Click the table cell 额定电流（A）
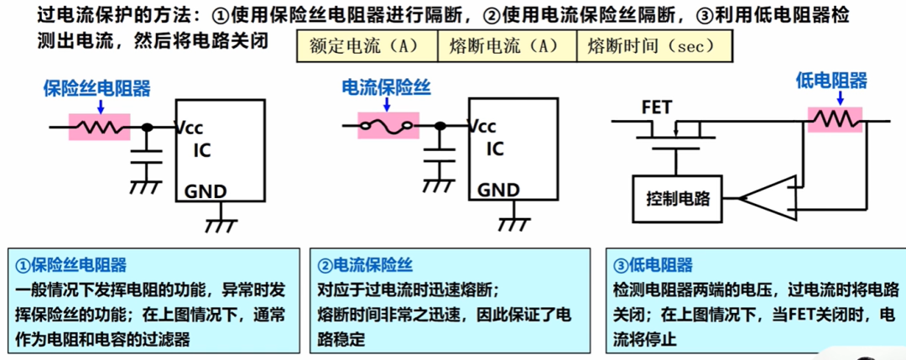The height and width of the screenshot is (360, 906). [x=367, y=46]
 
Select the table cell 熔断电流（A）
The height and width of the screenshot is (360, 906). [x=507, y=46]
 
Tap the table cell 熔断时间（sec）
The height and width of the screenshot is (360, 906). [x=654, y=46]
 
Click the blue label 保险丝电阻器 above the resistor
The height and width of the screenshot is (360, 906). [x=97, y=88]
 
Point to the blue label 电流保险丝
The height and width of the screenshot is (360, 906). [x=387, y=87]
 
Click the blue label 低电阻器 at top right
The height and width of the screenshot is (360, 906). [x=831, y=81]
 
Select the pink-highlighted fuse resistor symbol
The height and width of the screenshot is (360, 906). [x=99, y=127]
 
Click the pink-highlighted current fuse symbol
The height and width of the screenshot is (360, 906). [x=388, y=126]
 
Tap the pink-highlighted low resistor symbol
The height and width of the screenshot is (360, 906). [x=835, y=120]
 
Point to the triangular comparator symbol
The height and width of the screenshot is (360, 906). [x=766, y=199]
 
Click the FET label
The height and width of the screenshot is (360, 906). [x=657, y=108]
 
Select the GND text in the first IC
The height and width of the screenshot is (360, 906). [x=206, y=191]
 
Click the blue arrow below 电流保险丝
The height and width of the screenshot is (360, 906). [x=387, y=104]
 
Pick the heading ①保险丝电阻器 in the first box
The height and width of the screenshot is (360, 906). [x=71, y=265]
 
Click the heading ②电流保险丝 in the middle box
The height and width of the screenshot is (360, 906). [x=365, y=265]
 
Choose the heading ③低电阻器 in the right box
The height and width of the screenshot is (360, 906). [x=653, y=265]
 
